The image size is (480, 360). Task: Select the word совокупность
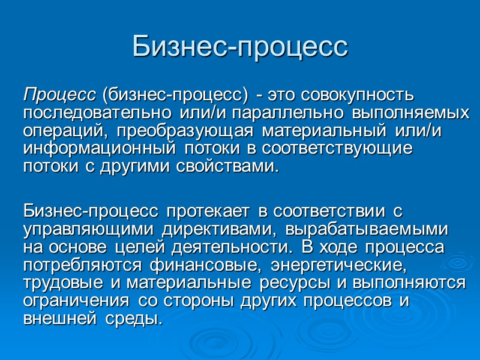click(x=358, y=95)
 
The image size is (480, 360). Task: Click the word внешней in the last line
click(x=53, y=319)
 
